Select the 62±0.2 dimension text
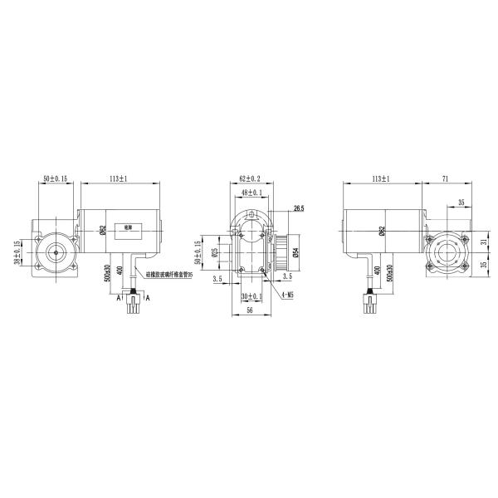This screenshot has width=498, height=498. tap(250, 178)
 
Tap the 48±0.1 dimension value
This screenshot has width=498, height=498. tap(250, 193)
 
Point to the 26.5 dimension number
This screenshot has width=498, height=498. tap(299, 209)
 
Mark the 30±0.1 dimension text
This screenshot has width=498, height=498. tap(250, 296)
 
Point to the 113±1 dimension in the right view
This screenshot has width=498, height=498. tap(381, 178)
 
